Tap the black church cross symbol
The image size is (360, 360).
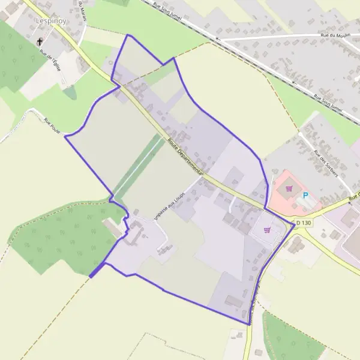coord(41,43)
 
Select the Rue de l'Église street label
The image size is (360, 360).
coord(50,61)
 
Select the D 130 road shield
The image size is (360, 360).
coord(304,223)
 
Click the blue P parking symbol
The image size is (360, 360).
coord(305,196)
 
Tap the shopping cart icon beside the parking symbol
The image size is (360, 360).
coord(289,188)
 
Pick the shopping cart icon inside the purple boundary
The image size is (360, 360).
coord(267,229)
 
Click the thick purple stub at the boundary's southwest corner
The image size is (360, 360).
coord(95,272)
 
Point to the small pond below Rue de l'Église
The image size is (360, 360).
coord(70,92)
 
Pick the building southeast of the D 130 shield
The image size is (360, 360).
coord(295,245)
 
